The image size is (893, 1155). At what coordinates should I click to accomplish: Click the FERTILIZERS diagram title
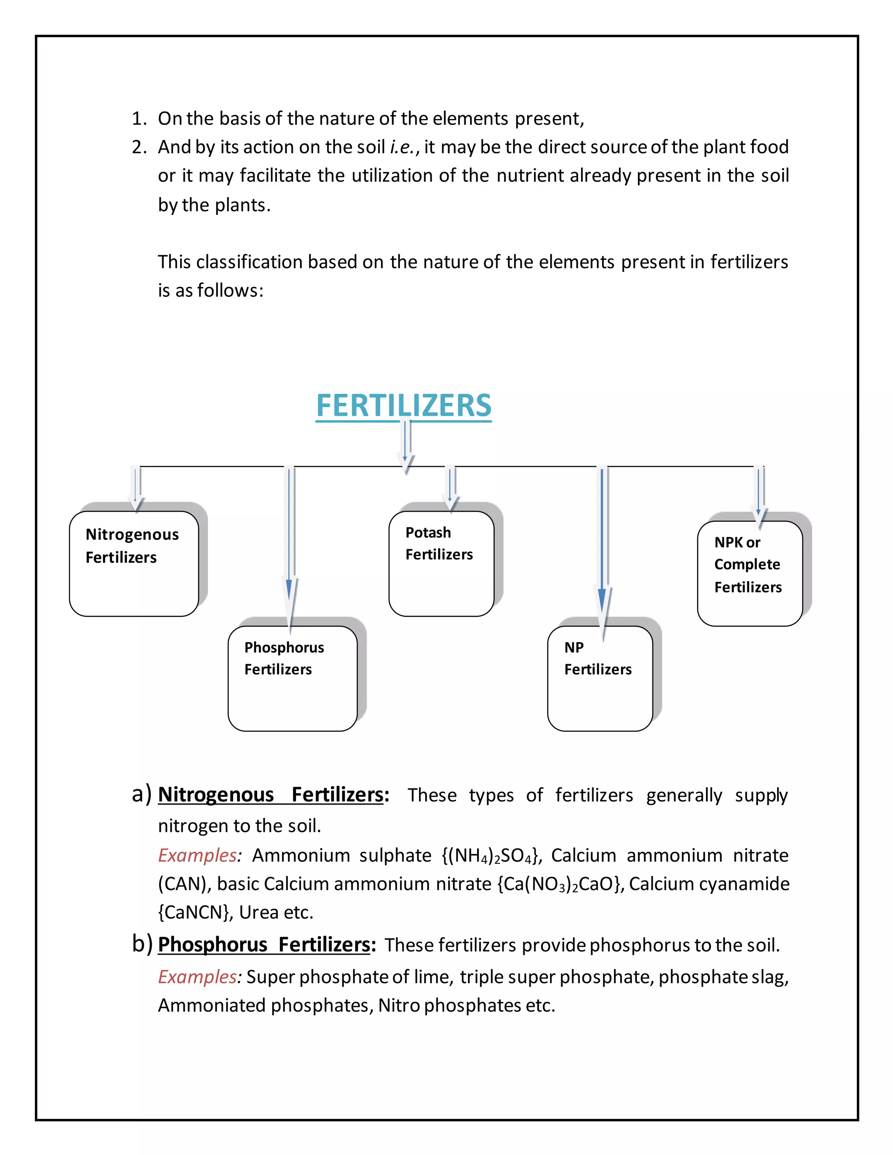coord(404,406)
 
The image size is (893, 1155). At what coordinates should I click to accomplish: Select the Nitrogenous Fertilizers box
coord(134,563)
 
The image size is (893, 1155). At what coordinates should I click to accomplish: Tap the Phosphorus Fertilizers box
coord(293,678)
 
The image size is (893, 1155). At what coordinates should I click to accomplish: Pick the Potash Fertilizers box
coord(441,563)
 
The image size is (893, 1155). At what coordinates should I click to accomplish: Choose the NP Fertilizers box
coord(600,678)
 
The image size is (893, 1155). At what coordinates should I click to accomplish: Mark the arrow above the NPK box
coord(759,495)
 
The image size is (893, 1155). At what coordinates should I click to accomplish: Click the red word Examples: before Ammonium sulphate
coord(199,855)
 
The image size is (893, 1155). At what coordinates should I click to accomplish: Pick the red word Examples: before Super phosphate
coord(199,977)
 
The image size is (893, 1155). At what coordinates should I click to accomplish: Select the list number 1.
coord(139,119)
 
